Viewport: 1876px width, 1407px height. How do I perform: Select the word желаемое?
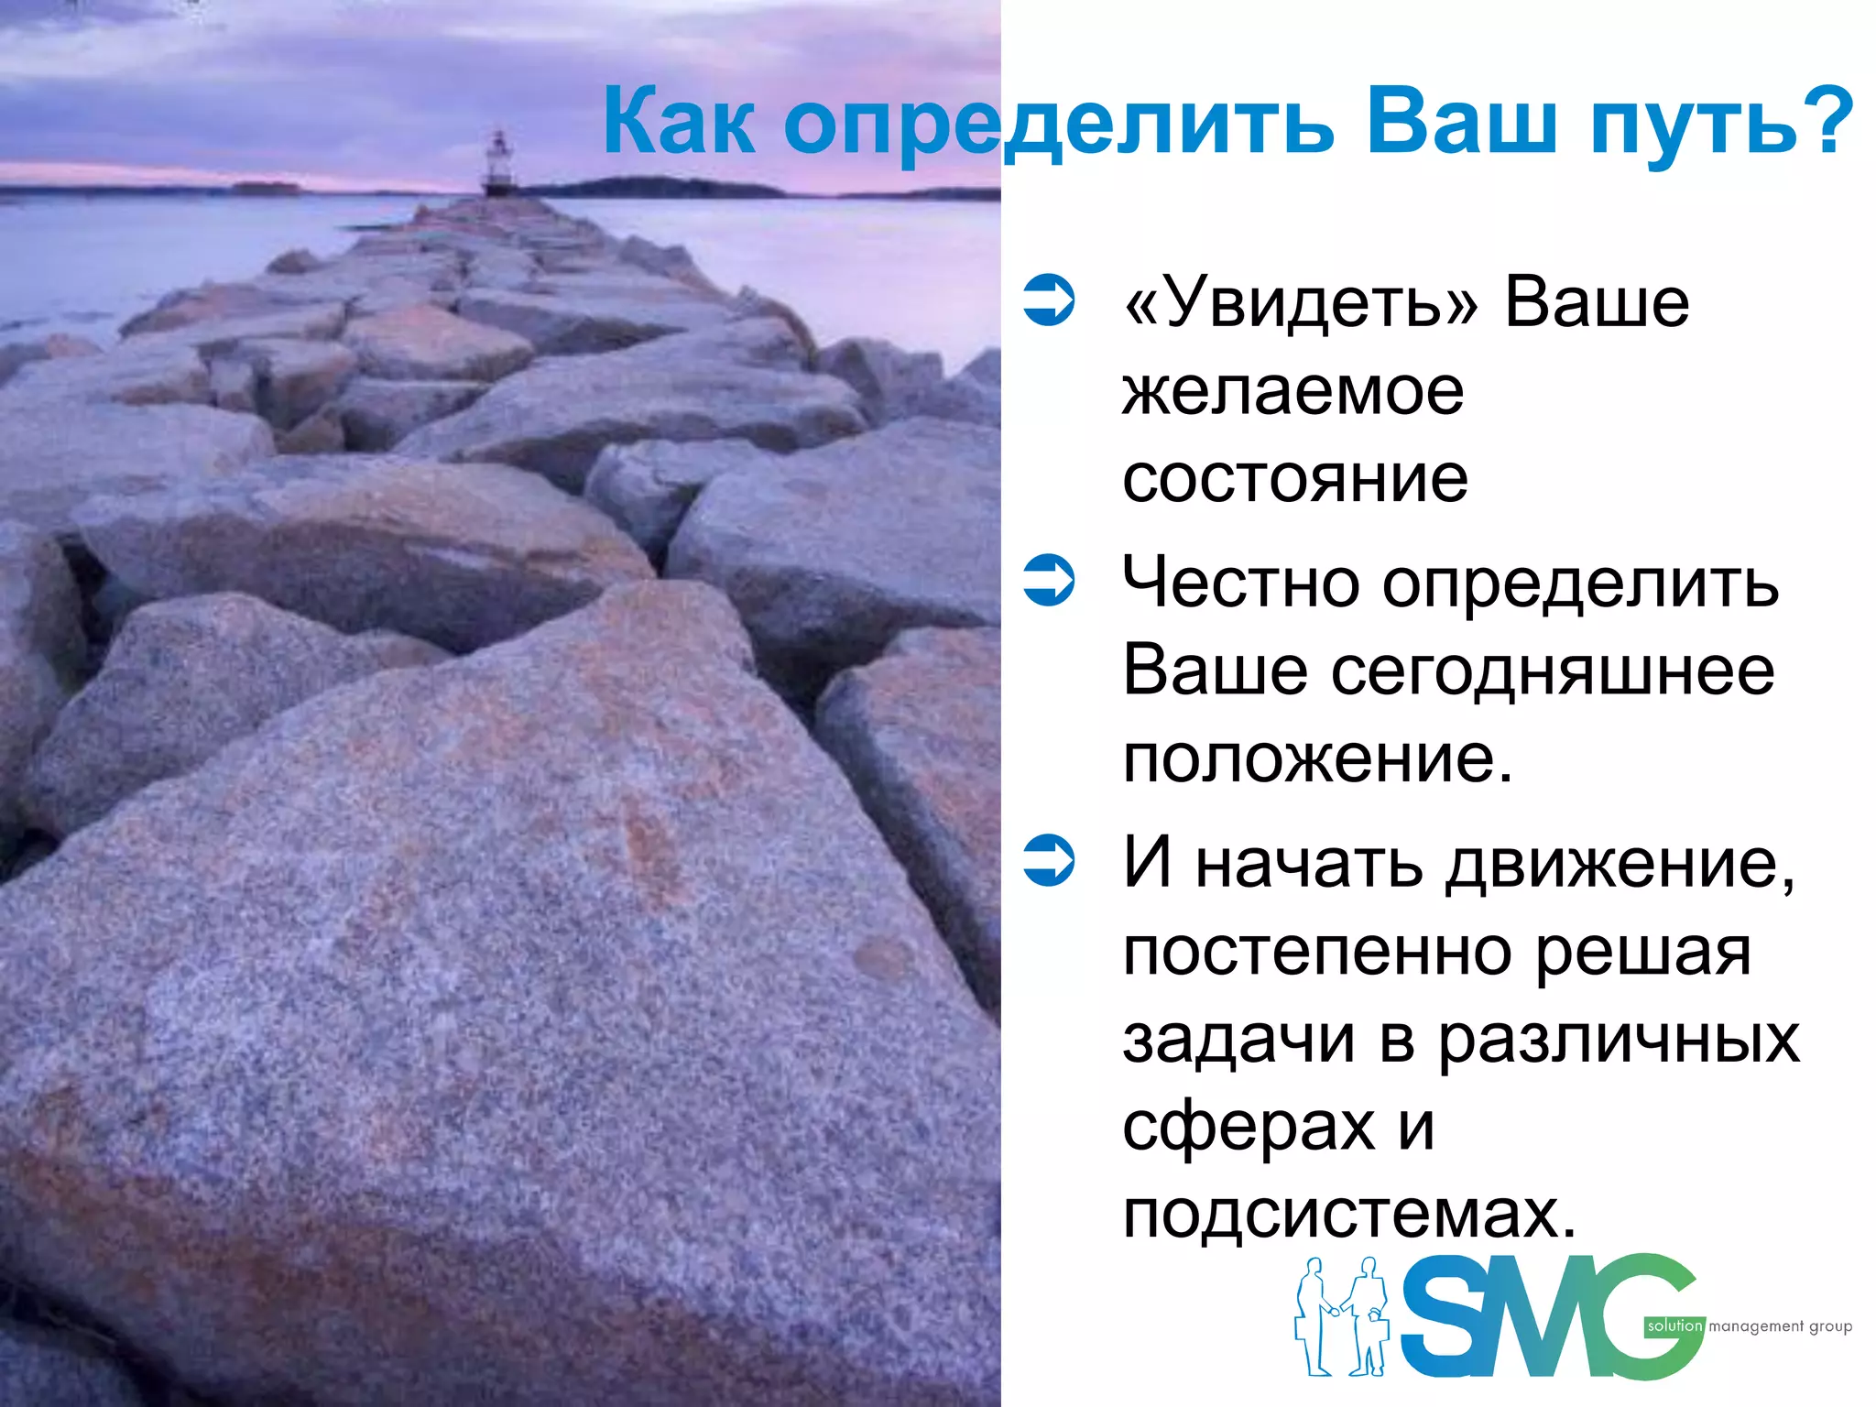(1293, 392)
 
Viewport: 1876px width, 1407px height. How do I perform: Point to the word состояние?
(1295, 478)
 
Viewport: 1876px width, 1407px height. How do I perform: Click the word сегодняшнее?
(1553, 671)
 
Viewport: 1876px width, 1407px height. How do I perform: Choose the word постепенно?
(1317, 952)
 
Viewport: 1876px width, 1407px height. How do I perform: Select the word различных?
(1618, 1040)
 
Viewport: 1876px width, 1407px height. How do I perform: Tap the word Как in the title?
(679, 123)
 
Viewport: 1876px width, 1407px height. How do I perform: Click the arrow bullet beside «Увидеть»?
(1049, 301)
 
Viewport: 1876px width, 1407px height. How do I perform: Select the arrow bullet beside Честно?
(1049, 582)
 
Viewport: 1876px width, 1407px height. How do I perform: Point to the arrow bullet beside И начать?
(1049, 861)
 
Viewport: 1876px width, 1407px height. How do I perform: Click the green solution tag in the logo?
(1674, 1325)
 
